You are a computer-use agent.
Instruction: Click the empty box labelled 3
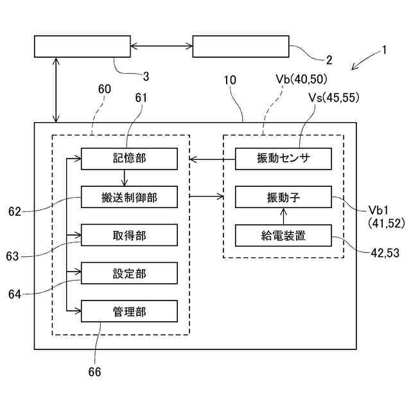tap(82, 46)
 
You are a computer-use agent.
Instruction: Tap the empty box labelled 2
tap(241, 46)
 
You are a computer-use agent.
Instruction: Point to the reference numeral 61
tap(142, 98)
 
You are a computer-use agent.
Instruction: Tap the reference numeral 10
tap(230, 80)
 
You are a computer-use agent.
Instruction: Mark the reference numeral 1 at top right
tap(385, 48)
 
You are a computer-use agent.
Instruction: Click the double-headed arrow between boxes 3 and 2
tap(161, 46)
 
